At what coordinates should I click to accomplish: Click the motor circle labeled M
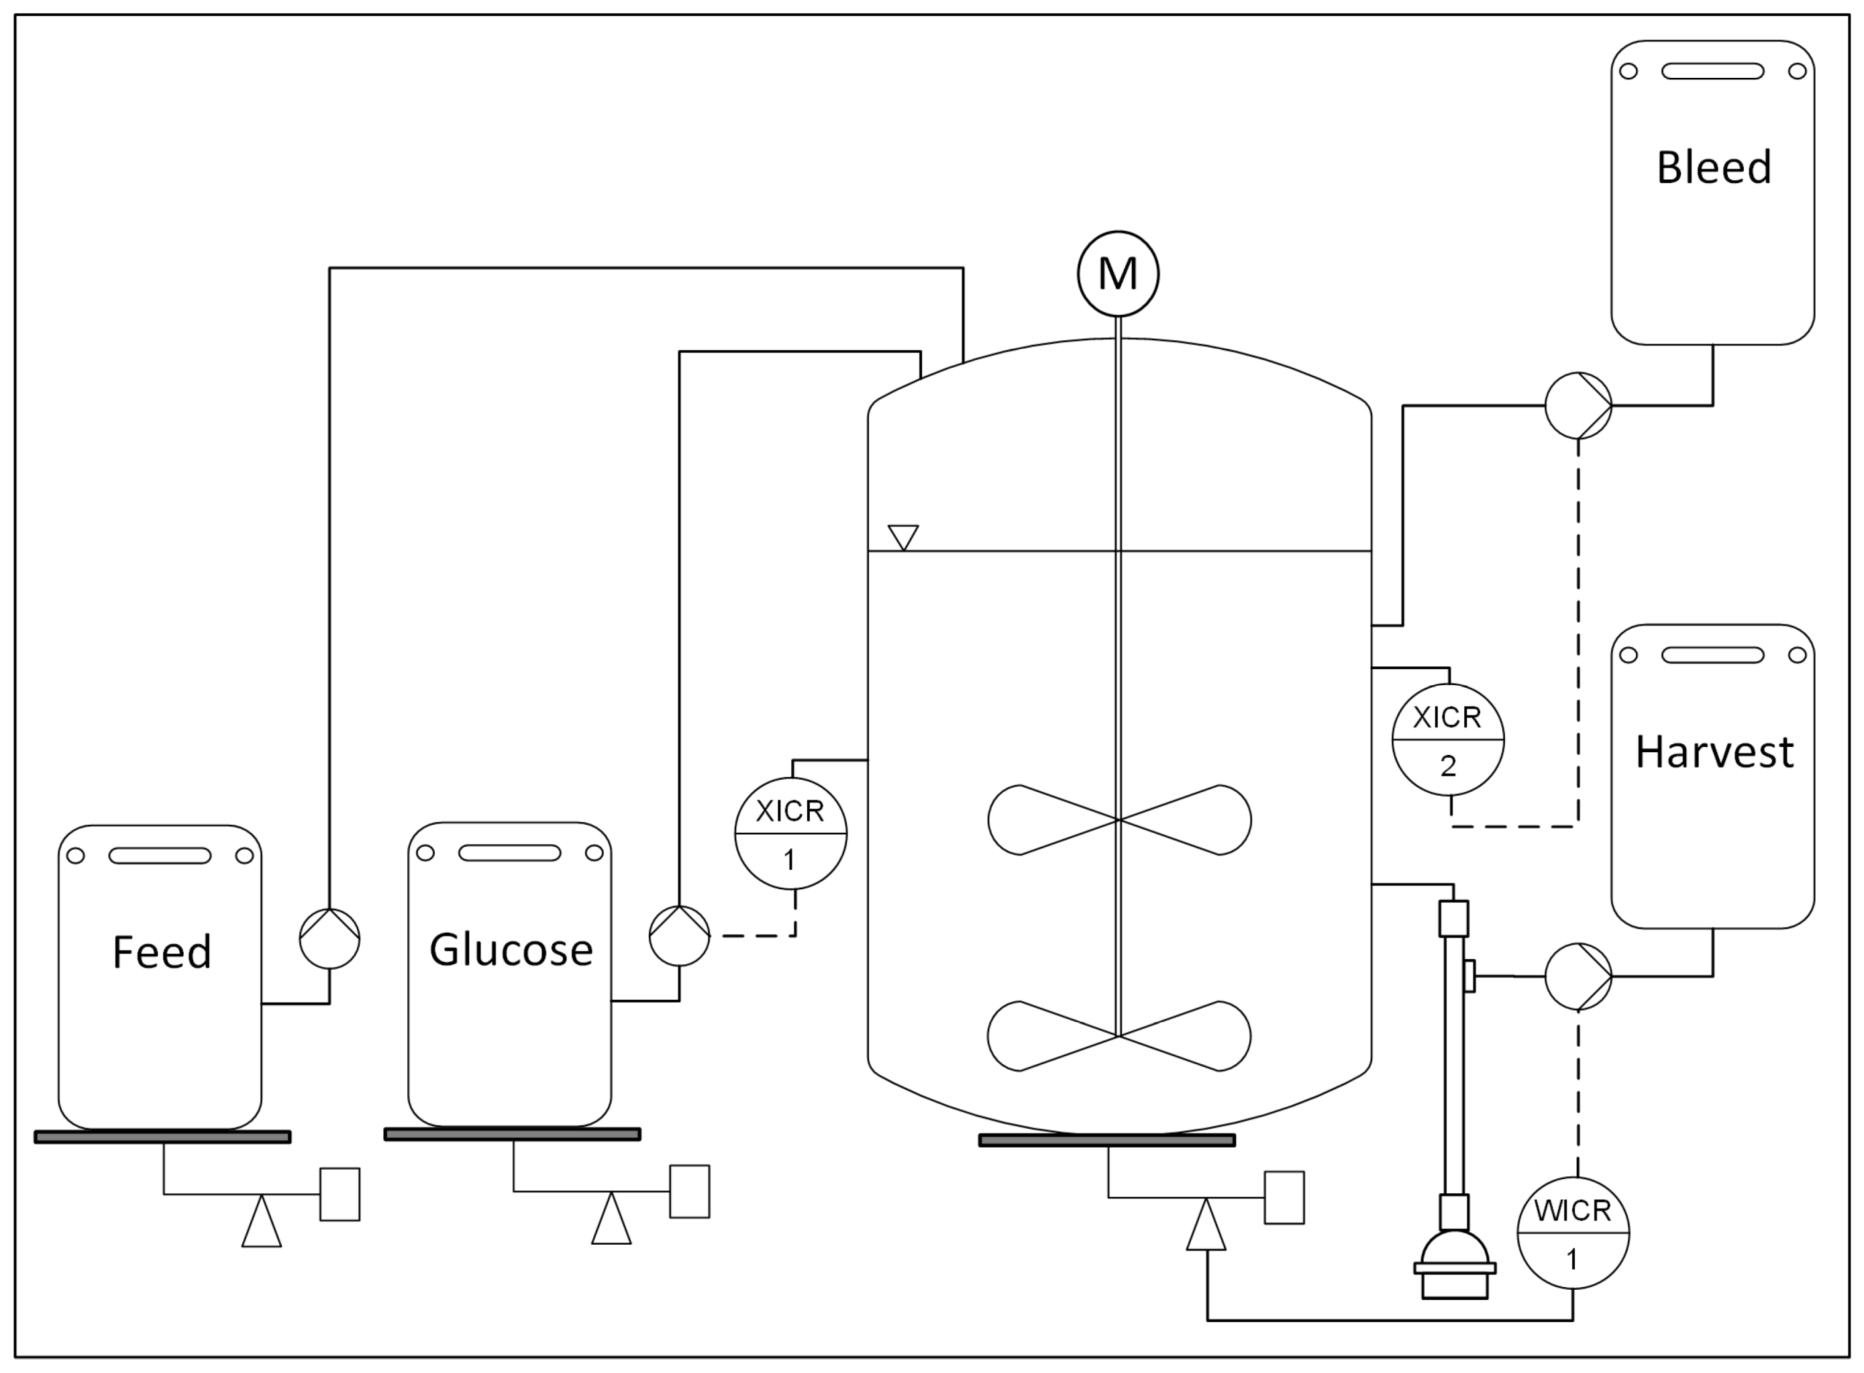(x=1118, y=273)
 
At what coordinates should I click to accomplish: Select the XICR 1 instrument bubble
(x=790, y=833)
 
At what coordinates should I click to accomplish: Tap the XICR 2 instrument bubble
(x=1448, y=739)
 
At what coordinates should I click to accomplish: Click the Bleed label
(x=1714, y=167)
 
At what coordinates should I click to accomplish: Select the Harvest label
(x=1714, y=752)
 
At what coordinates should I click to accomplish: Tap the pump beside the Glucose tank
(x=679, y=936)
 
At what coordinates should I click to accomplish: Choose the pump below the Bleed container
(x=1577, y=405)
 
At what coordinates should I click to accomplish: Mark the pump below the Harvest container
(x=1577, y=976)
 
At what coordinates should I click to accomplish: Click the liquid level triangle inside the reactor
(x=902, y=536)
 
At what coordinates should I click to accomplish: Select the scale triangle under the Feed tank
(x=261, y=1224)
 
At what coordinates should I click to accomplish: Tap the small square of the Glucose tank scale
(x=689, y=1191)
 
